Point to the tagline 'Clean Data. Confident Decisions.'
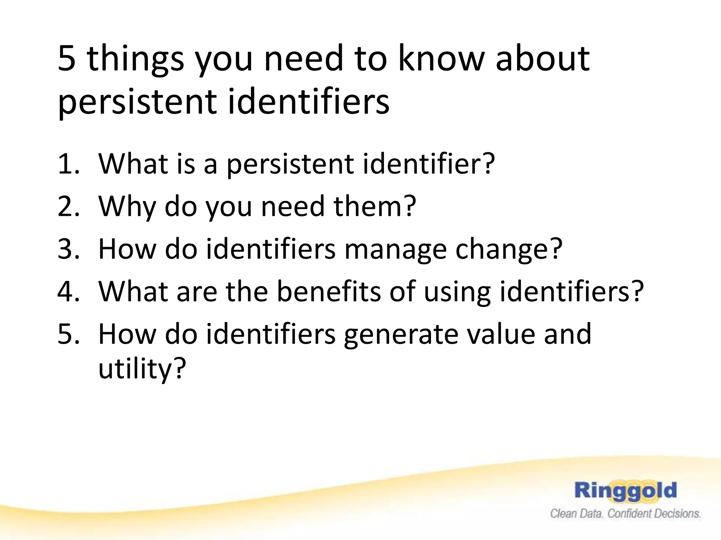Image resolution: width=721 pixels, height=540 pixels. click(626, 514)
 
